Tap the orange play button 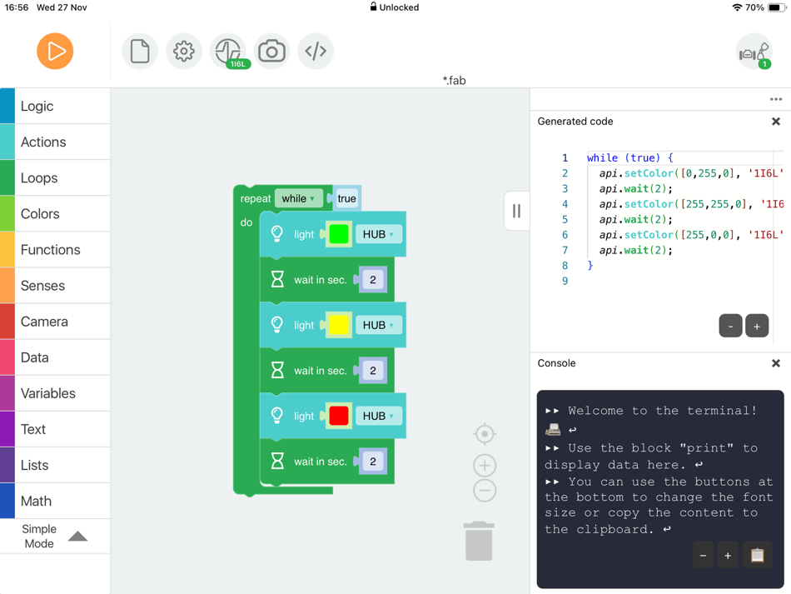tap(55, 51)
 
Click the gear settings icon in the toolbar tap(184, 51)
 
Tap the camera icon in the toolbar tap(271, 51)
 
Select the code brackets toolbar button tap(316, 51)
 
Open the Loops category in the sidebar tap(55, 178)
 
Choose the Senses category tap(55, 286)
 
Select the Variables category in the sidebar tap(55, 393)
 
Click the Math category tap(55, 501)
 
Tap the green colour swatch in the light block tap(339, 235)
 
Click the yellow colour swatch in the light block tap(339, 325)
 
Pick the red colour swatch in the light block tap(339, 416)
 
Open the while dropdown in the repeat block tap(298, 198)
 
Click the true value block tap(346, 198)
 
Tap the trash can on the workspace tap(479, 541)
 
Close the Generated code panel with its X tap(776, 122)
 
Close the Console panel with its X tap(776, 363)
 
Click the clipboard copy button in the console tap(757, 555)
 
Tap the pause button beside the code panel tap(516, 212)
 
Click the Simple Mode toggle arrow tap(77, 536)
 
